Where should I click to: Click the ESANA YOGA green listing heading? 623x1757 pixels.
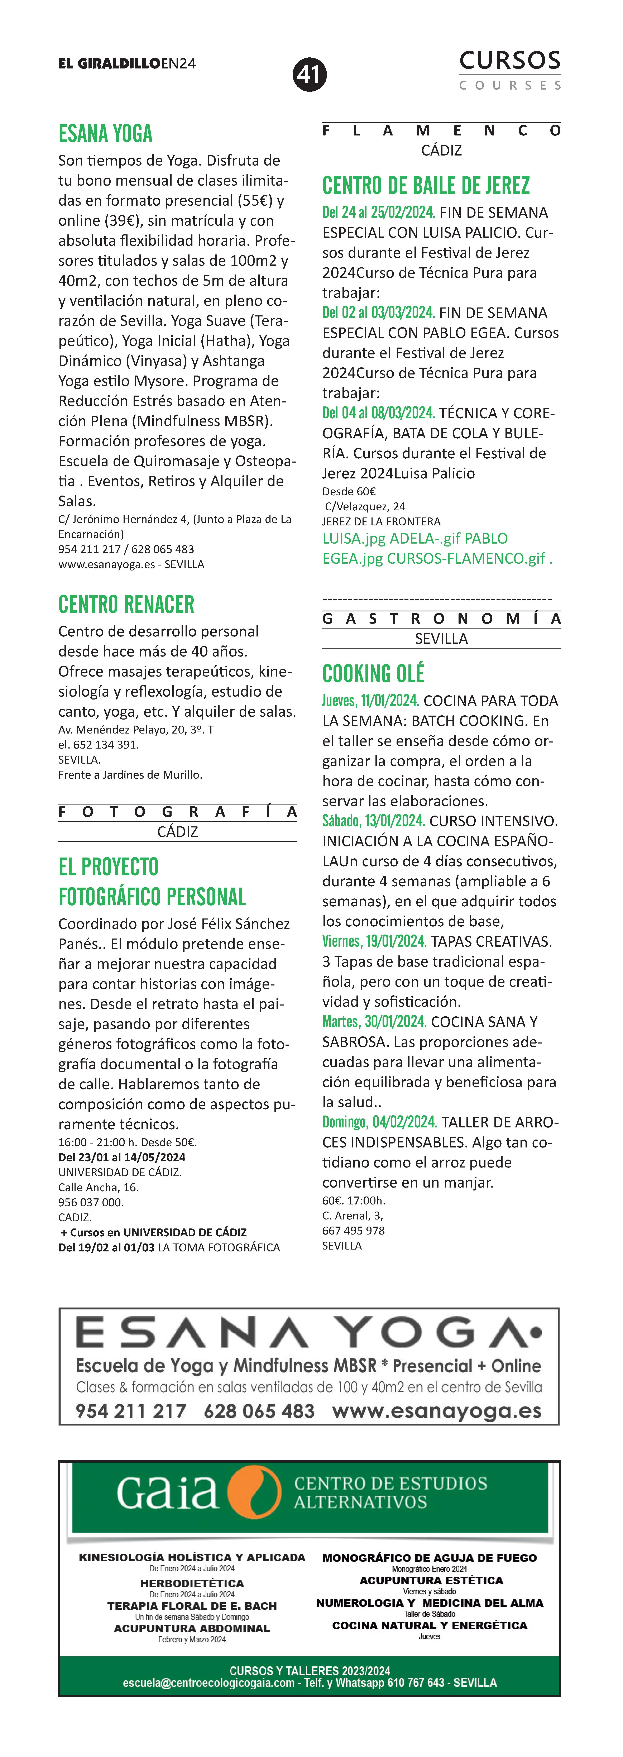tap(106, 134)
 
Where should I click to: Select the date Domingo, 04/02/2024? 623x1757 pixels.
tap(379, 1122)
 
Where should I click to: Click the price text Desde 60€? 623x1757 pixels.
tap(348, 491)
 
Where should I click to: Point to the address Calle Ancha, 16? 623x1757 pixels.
tap(98, 1188)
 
